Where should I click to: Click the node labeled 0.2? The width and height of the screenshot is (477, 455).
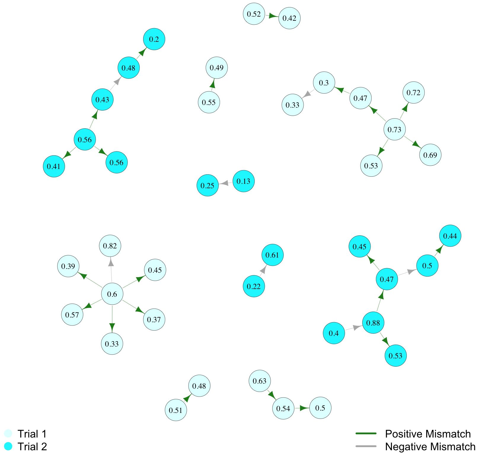coord(154,39)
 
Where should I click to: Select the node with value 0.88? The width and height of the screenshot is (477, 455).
coord(373,323)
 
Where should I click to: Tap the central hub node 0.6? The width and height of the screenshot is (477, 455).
coord(112,294)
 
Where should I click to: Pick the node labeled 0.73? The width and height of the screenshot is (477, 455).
coord(394,130)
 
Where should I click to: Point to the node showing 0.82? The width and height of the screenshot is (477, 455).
coord(110,246)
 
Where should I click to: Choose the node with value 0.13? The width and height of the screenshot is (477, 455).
coord(243,181)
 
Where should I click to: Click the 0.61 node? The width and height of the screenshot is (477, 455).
coord(272,255)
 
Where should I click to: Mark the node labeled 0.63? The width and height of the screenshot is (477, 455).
coord(260,381)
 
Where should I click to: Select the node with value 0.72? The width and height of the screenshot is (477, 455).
coord(413,92)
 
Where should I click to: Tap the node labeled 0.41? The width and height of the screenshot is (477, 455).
coord(54,166)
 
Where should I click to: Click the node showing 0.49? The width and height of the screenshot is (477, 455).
coord(217,68)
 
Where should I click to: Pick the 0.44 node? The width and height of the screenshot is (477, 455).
coord(450,236)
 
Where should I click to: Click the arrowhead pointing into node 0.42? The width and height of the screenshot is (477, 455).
coord(273,16)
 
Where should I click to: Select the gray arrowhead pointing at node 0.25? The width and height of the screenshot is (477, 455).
coord(224,183)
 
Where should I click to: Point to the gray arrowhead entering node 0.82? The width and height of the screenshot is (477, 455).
coord(111,262)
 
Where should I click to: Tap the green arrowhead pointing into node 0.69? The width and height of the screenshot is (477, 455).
coord(417,144)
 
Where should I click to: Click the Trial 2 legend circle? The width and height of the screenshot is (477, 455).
coord(8,446)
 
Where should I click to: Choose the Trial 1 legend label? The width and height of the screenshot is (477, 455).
coord(32,434)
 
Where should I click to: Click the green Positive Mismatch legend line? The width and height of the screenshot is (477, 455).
coord(366,433)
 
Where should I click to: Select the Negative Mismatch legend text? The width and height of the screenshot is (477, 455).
coord(430,446)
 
